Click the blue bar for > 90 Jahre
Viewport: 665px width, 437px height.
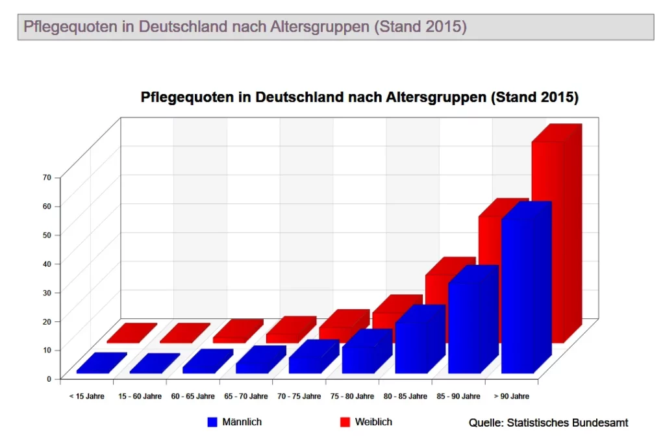pyautogui.click(x=518, y=295)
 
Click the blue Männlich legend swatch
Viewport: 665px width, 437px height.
pyautogui.click(x=212, y=422)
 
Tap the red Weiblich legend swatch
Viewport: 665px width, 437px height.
pyautogui.click(x=345, y=422)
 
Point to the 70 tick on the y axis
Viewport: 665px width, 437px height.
pyautogui.click(x=47, y=177)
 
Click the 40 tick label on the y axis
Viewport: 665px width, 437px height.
pyautogui.click(x=47, y=263)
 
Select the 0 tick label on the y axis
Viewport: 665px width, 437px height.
pyautogui.click(x=49, y=378)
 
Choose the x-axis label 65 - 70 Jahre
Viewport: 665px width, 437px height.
pyautogui.click(x=246, y=396)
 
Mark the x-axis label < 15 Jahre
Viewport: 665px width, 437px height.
pyautogui.click(x=87, y=396)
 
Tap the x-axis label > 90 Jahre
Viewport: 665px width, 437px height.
pyautogui.click(x=511, y=396)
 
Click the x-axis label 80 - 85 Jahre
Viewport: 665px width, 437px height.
pyautogui.click(x=405, y=396)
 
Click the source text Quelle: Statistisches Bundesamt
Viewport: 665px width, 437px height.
pyautogui.click(x=548, y=423)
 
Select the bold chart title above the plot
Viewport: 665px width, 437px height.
pyautogui.click(x=359, y=97)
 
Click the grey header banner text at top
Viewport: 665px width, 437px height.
pyautogui.click(x=245, y=27)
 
